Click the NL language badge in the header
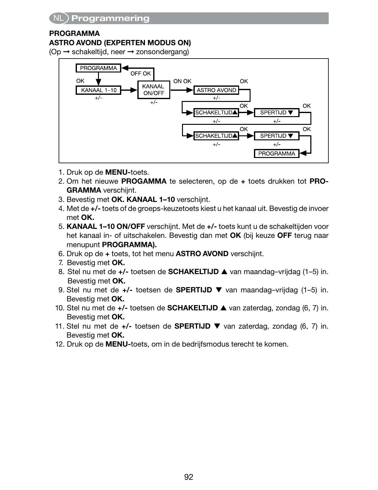coord(59,18)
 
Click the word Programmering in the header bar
coord(110,19)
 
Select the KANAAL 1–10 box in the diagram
coord(98,90)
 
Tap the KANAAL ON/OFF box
coord(153,90)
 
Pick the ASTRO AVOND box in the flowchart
coord(216,90)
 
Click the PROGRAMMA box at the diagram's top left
coord(98,68)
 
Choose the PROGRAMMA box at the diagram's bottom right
coord(277,154)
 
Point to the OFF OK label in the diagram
coord(140,73)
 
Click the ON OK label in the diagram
coord(182,81)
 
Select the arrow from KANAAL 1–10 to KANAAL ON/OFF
coord(129,90)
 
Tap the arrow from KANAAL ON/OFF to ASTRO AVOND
coord(182,90)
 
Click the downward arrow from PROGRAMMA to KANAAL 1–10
coord(98,79)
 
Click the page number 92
coord(189,477)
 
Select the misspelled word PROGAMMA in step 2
coord(144,181)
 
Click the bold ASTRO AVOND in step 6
coord(202,254)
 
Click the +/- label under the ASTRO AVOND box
coord(216,98)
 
